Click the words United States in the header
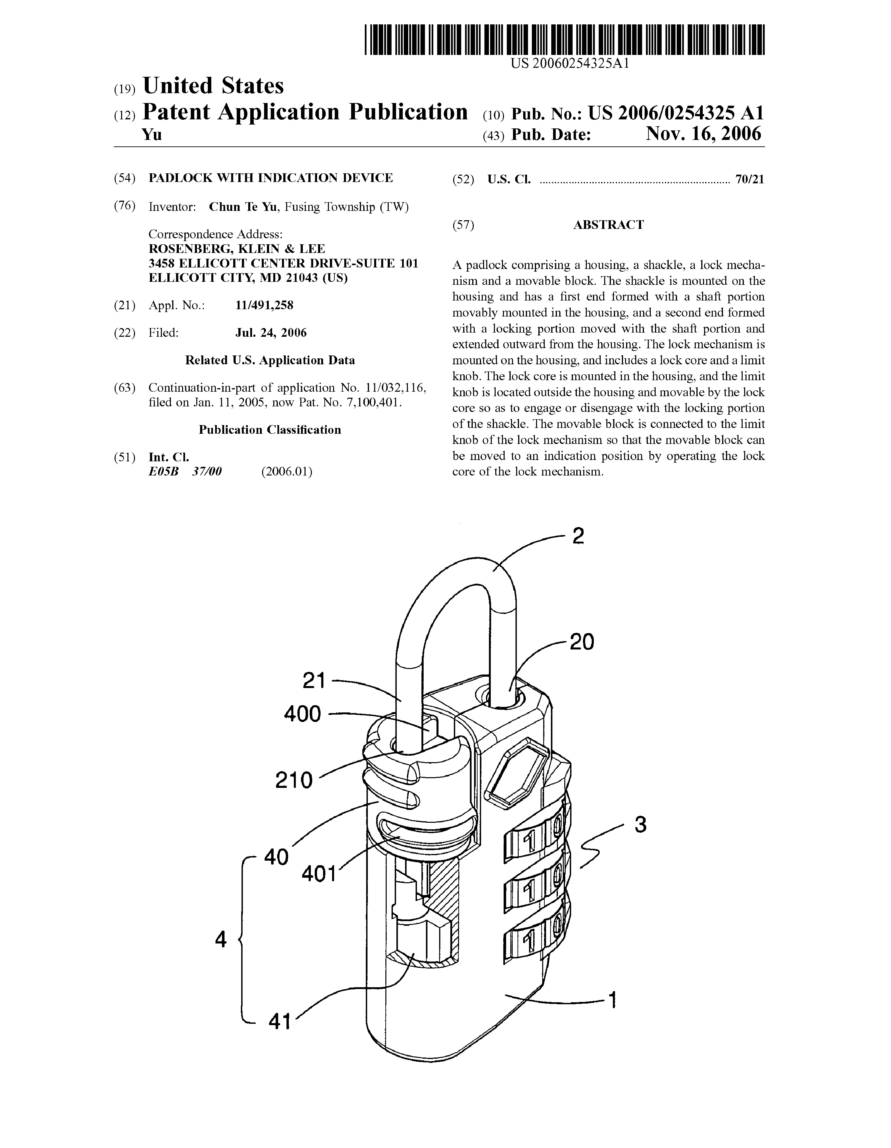213,86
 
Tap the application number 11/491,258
264,305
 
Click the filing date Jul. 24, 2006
271,333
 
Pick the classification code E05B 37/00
185,471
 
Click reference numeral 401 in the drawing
318,874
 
